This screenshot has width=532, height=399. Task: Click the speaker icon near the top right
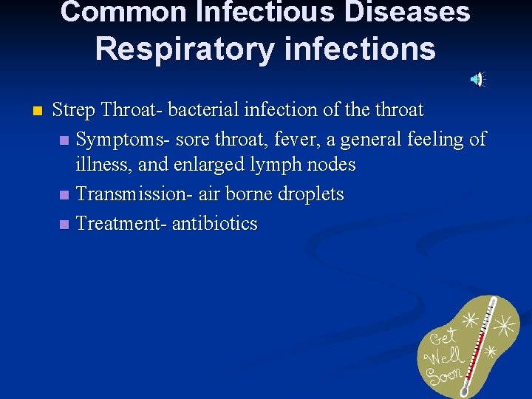click(479, 79)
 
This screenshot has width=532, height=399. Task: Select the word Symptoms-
click(115, 139)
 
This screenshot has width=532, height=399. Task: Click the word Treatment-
click(121, 224)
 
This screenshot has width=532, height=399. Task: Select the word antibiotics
click(214, 224)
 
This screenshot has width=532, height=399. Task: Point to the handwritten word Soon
click(443, 376)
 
